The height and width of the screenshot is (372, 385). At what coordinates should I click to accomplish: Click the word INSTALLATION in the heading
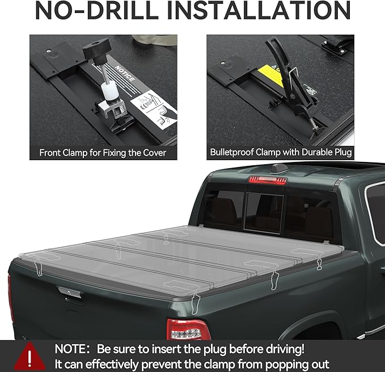pyautogui.click(x=266, y=11)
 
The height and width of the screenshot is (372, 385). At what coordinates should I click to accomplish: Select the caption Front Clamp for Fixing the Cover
pyautogui.click(x=103, y=152)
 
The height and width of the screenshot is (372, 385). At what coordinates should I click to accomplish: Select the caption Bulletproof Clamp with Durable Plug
pyautogui.click(x=281, y=152)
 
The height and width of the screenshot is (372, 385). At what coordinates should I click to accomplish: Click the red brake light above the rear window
pyautogui.click(x=266, y=181)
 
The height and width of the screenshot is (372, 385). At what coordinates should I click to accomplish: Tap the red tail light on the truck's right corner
pyautogui.click(x=187, y=329)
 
